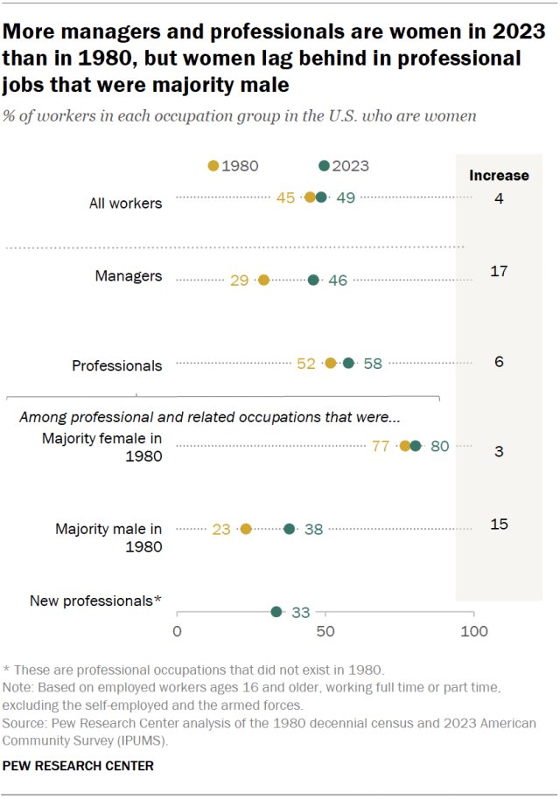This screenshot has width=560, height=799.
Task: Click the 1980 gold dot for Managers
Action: click(264, 281)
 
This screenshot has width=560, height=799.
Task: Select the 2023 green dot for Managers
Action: click(313, 281)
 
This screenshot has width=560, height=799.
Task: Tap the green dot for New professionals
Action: click(276, 612)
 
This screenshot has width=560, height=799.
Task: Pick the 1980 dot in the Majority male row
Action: click(246, 529)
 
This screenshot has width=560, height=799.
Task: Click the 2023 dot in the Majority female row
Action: click(416, 446)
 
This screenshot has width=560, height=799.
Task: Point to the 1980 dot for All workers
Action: click(310, 198)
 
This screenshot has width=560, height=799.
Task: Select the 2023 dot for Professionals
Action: click(348, 363)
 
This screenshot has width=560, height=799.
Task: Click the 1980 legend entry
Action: click(234, 166)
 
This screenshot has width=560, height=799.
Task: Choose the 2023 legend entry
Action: click(344, 166)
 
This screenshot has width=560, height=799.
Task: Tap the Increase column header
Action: click(499, 175)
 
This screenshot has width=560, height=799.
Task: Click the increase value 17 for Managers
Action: click(499, 272)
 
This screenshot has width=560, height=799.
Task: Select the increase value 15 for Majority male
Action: click(499, 525)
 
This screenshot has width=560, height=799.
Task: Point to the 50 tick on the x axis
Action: click(325, 631)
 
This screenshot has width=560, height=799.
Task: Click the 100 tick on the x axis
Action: click(473, 631)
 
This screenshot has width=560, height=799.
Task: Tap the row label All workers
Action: click(125, 204)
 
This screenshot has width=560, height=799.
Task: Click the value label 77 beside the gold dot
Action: click(380, 446)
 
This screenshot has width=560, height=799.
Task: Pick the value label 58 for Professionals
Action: click(373, 363)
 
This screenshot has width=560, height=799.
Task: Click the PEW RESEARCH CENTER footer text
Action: click(78, 766)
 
